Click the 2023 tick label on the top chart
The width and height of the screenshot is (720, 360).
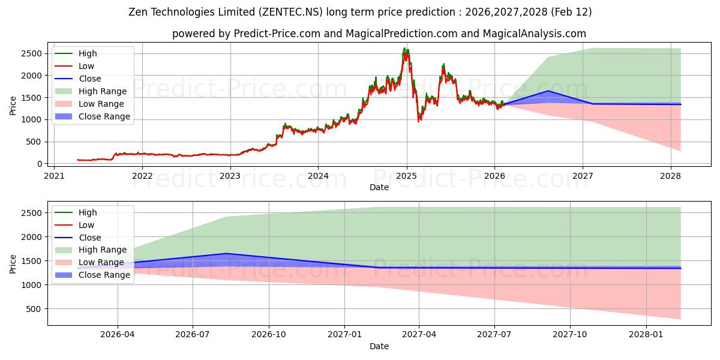tap(230, 176)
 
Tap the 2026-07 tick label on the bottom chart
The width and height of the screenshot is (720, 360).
tap(193, 335)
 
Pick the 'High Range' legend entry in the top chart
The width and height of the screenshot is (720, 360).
tap(102, 91)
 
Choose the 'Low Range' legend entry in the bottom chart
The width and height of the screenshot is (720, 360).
tap(101, 262)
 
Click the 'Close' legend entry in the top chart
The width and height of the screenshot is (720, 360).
tap(89, 79)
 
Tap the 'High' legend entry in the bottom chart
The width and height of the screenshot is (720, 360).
tap(88, 212)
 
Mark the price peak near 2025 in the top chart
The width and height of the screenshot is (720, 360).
tap(406, 49)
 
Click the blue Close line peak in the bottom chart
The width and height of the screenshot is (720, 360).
tap(227, 253)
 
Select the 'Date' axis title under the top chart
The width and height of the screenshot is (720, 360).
tap(379, 187)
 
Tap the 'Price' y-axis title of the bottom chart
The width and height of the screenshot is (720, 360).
tap(13, 263)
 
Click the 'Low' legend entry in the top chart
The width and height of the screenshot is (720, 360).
tap(86, 66)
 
